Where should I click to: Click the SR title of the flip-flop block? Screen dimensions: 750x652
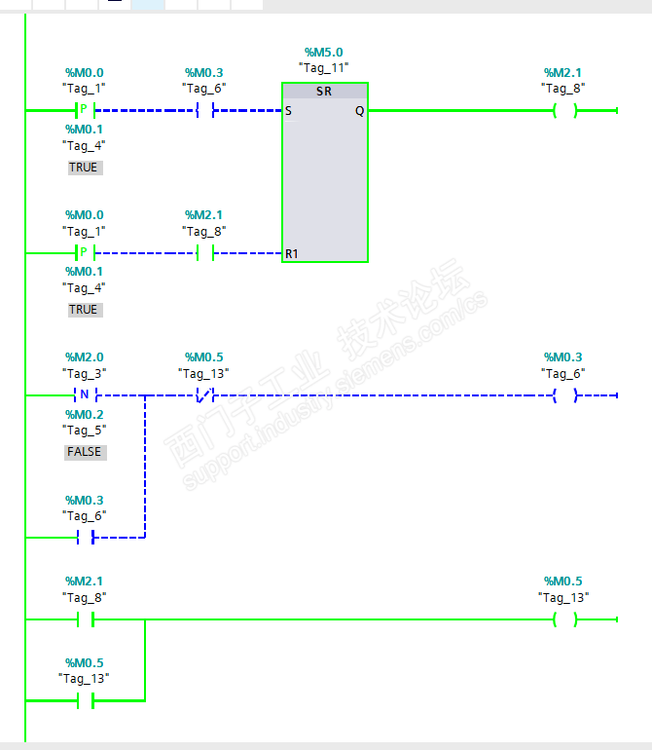325,91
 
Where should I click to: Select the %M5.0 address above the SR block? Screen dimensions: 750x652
324,52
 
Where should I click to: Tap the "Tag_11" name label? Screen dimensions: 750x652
324,68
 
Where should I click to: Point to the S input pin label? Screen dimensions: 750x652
289,111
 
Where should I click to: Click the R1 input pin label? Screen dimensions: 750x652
291,253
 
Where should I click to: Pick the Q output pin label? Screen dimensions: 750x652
359,111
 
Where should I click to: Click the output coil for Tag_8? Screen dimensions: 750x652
563,111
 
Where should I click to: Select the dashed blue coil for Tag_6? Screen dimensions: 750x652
563,396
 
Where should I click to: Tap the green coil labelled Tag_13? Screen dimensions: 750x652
563,619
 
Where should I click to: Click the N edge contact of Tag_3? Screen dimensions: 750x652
85,396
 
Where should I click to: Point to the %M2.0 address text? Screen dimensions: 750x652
85,357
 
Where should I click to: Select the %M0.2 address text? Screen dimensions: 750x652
85,414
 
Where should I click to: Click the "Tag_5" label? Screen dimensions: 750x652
85,431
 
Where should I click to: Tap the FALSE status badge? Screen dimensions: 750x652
85,452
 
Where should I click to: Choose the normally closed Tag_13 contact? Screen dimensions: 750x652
204,396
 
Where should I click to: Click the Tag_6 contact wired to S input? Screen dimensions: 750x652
204,111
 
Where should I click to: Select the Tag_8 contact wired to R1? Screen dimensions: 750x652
204,253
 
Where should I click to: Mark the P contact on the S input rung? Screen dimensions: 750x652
85,111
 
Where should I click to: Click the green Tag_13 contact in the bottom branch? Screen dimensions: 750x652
85,699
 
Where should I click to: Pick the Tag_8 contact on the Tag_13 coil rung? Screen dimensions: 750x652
85,619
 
